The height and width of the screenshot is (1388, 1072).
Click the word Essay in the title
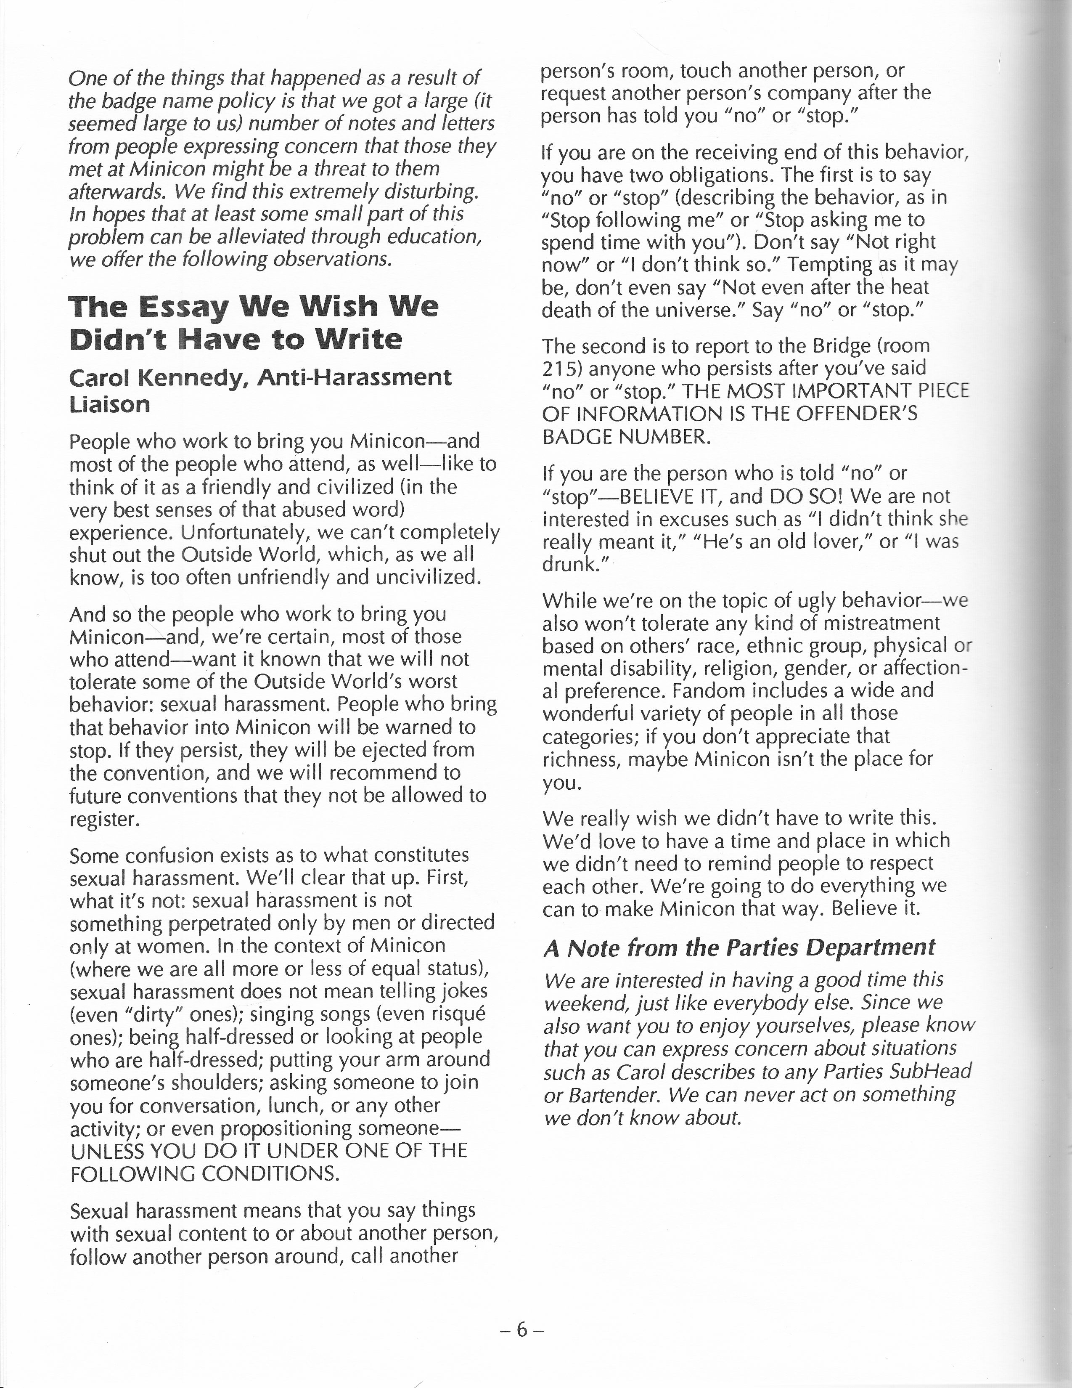coord(184,308)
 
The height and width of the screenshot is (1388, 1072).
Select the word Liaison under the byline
coord(109,404)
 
